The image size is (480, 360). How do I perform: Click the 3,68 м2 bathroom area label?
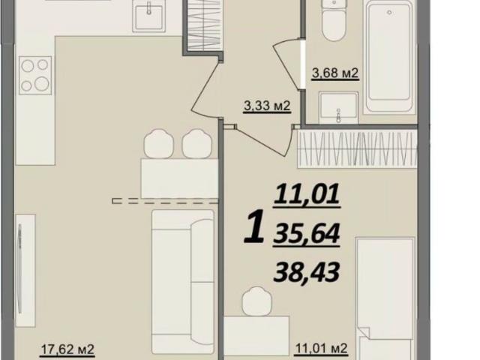334,73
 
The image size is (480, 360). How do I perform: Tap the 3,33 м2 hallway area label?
266,106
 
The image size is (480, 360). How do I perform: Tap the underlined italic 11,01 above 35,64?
307,197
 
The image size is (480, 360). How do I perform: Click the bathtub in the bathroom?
388,56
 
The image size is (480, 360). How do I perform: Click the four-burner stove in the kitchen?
35,75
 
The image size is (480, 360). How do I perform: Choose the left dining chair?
160,142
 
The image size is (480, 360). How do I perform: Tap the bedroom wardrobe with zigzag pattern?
357,148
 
